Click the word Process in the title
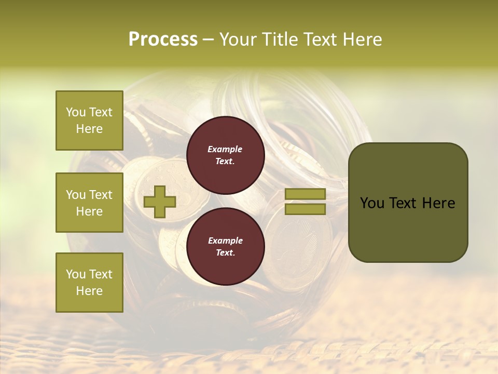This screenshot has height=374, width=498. [163, 39]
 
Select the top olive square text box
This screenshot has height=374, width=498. [89, 121]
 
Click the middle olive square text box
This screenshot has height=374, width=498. [89, 203]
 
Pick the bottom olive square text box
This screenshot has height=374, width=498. [89, 283]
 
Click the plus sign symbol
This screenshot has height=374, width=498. [160, 202]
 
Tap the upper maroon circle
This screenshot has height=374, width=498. [226, 155]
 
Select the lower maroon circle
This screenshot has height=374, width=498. [226, 246]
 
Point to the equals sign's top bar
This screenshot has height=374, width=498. [305, 194]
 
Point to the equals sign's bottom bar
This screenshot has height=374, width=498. [305, 209]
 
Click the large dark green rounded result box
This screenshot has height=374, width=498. [408, 203]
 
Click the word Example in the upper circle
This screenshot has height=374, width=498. [225, 149]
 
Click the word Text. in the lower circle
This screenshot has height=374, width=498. [225, 253]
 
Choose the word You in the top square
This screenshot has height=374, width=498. [75, 112]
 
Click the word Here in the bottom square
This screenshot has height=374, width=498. [89, 291]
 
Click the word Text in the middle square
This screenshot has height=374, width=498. [100, 195]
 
